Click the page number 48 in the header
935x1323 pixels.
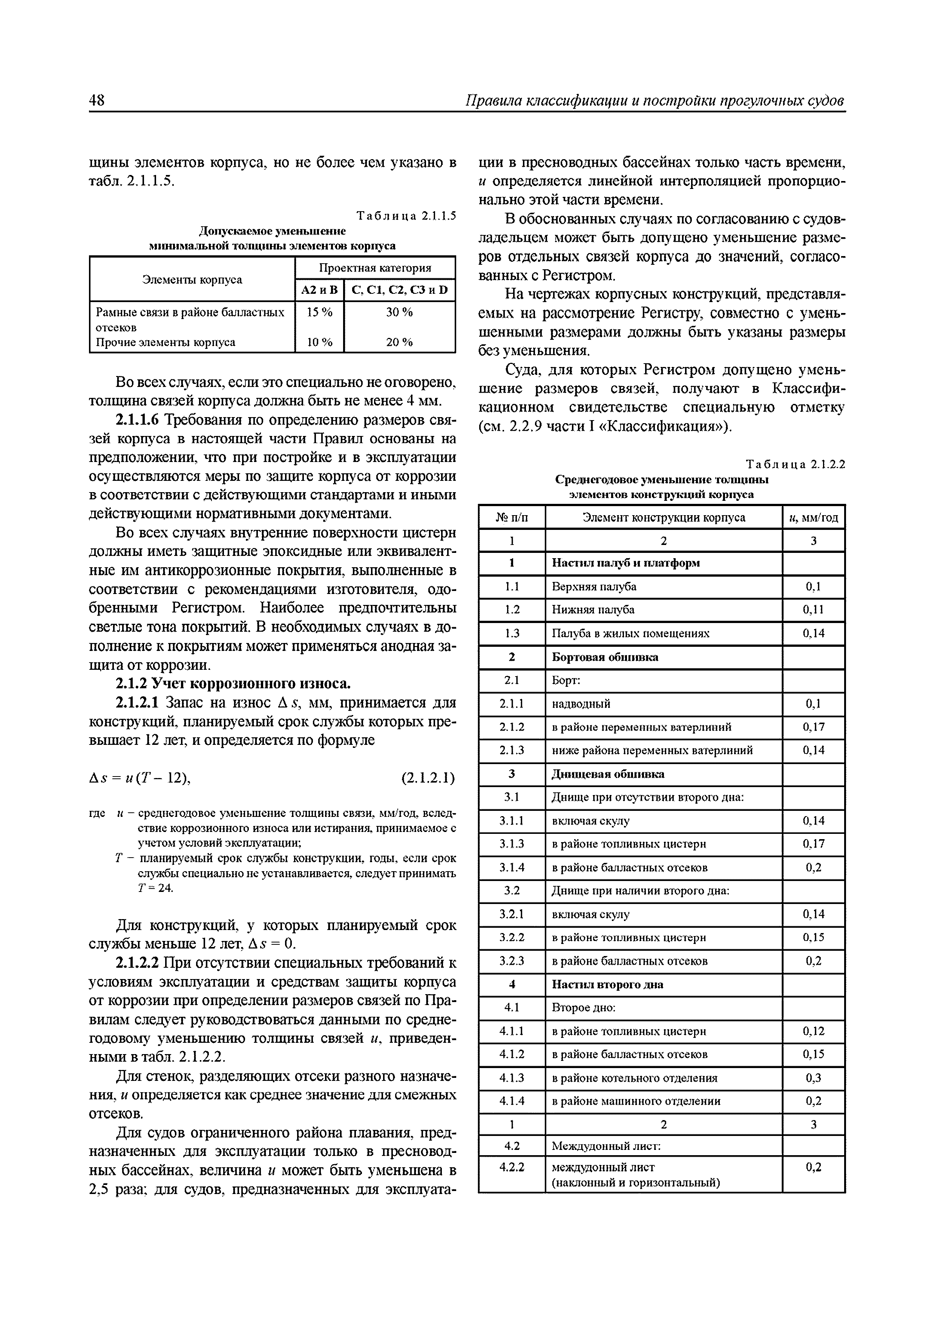pyautogui.click(x=97, y=101)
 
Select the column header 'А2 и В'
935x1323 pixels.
pyautogui.click(x=319, y=290)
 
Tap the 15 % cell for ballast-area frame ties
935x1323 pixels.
pyautogui.click(x=319, y=312)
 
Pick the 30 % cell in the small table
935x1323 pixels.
pyautogui.click(x=399, y=312)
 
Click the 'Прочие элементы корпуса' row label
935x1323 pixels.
pyautogui.click(x=166, y=342)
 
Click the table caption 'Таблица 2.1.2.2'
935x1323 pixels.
pyautogui.click(x=795, y=464)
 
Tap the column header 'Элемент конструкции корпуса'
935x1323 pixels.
pyautogui.click(x=663, y=517)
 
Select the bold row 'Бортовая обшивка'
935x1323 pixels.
pyautogui.click(x=605, y=657)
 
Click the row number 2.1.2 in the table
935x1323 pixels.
pyautogui.click(x=512, y=727)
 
